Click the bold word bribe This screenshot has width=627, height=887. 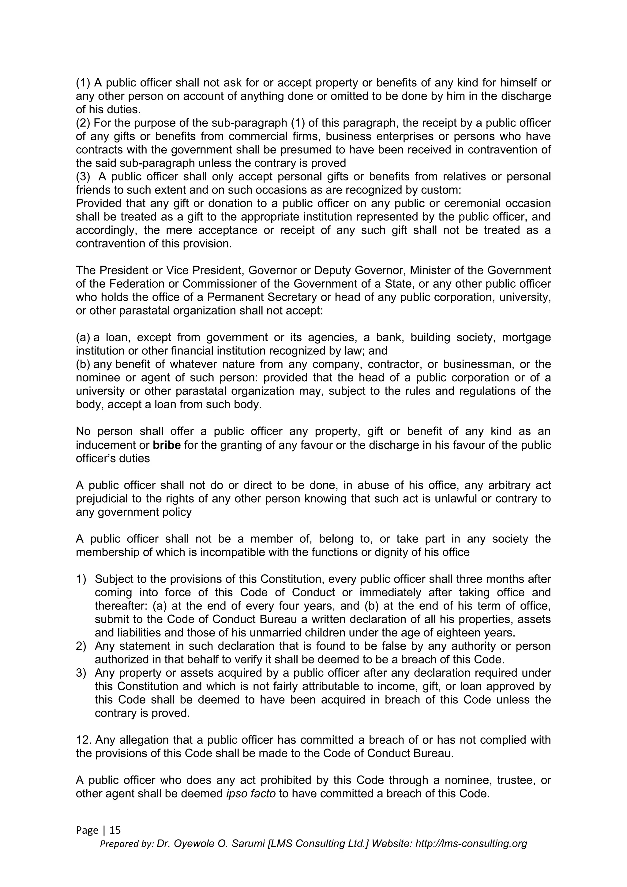tap(167, 445)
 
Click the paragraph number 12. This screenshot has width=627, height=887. tap(83, 740)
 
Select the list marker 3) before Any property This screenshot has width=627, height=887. tap(81, 673)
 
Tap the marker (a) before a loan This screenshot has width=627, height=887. tap(83, 338)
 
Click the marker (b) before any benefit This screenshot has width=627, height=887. tap(83, 364)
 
